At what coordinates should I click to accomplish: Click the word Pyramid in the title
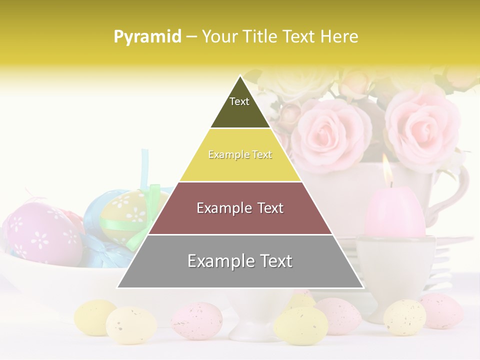point(147,37)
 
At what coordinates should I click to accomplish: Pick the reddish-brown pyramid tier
point(240,208)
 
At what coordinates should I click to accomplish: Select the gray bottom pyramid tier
point(240,261)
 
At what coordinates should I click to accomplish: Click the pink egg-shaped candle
point(395,212)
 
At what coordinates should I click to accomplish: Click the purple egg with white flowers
point(42,232)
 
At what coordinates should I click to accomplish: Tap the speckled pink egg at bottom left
point(196,320)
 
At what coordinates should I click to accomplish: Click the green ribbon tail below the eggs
point(137,240)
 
